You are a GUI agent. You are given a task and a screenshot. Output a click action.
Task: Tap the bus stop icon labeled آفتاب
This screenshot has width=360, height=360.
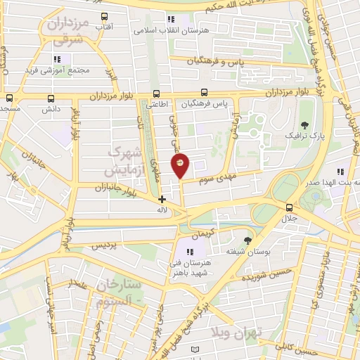(x=105, y=16)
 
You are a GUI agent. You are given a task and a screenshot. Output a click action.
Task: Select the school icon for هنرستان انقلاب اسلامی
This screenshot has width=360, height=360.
(x=171, y=20)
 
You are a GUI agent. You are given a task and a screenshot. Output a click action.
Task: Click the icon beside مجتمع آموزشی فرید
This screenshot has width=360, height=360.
(x=57, y=59)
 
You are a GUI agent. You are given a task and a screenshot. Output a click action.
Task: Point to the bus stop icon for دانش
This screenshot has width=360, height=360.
(x=51, y=99)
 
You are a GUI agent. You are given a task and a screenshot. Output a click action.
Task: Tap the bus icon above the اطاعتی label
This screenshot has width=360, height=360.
(x=156, y=93)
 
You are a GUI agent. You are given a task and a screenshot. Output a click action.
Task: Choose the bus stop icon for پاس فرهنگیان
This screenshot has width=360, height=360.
(x=204, y=92)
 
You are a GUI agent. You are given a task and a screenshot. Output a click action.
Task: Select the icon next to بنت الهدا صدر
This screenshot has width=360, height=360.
(x=340, y=171)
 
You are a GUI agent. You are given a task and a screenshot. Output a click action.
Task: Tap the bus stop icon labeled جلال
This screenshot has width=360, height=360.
(x=289, y=207)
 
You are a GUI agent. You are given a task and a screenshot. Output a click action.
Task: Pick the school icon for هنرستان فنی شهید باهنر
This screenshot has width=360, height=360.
(x=189, y=252)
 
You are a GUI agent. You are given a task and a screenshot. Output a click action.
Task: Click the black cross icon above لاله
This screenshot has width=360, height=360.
(x=162, y=199)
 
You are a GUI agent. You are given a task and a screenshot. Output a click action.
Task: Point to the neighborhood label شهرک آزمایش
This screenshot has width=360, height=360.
(x=123, y=161)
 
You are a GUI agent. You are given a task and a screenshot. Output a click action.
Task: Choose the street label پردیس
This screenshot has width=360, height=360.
(x=103, y=247)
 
